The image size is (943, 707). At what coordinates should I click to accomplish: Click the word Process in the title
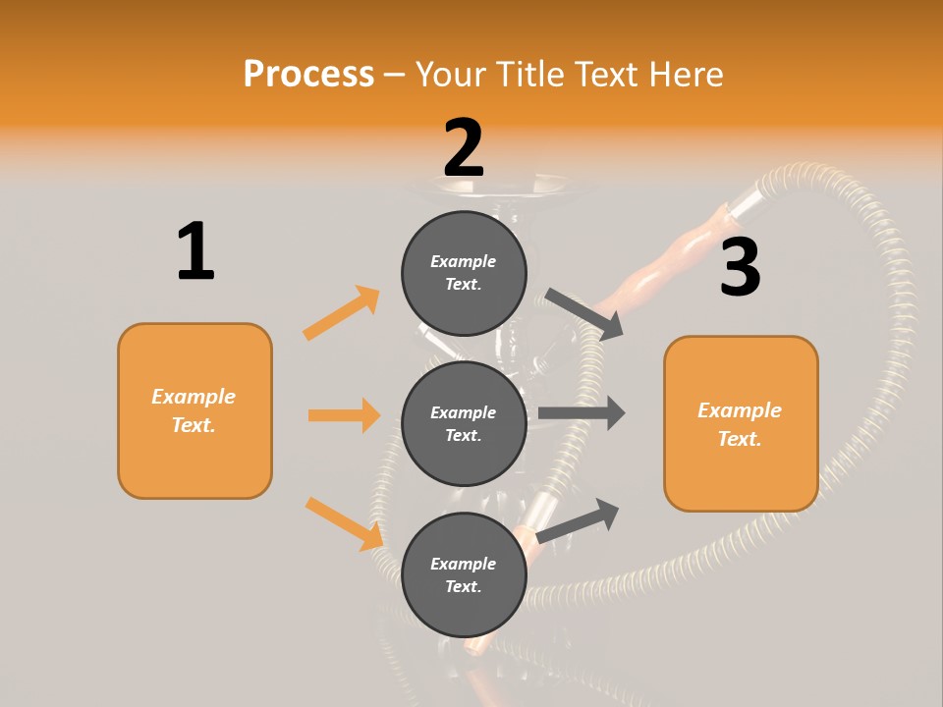click(x=308, y=74)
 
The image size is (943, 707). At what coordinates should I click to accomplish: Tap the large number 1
click(x=195, y=251)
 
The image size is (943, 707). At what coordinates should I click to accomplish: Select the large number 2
click(x=464, y=147)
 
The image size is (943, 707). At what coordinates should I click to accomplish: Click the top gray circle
click(x=464, y=273)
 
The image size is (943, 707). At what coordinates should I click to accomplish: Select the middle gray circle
click(x=464, y=423)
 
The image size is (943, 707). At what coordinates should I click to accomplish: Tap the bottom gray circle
click(x=464, y=574)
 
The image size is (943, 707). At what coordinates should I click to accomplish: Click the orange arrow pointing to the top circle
click(x=342, y=312)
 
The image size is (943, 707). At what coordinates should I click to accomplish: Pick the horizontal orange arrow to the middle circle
click(x=344, y=415)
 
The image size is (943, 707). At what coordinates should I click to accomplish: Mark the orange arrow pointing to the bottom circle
click(x=344, y=522)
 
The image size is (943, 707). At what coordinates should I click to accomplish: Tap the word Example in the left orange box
click(x=194, y=397)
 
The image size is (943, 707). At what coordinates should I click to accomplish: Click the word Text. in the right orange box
click(x=740, y=439)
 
